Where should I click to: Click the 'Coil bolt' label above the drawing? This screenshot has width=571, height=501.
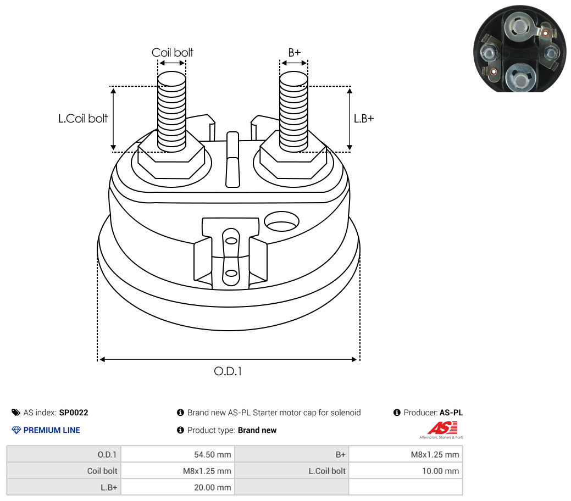coord(172,52)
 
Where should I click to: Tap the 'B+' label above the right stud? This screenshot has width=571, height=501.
coord(294,52)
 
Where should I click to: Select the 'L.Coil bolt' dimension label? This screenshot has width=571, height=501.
coord(83,118)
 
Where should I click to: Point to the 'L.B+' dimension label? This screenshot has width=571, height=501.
coord(364,118)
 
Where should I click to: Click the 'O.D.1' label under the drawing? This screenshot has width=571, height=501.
coord(228,371)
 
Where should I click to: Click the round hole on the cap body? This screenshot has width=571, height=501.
coord(281,221)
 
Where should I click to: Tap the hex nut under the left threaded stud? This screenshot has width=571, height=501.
coord(171,160)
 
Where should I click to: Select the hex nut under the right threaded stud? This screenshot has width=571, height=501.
coord(293,160)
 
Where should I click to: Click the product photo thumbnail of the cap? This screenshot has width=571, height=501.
coord(520,49)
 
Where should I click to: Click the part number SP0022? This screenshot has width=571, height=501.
coord(74,413)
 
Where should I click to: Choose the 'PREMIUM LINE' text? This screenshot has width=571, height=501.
coord(52,430)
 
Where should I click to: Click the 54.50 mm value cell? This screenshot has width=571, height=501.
coord(178,454)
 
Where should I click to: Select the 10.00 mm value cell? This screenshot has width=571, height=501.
coord(406,471)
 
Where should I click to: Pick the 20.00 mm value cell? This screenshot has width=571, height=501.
coord(178,487)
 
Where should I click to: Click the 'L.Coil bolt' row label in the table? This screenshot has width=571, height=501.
coord(327,471)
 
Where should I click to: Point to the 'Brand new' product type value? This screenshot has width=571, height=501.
coord(257,430)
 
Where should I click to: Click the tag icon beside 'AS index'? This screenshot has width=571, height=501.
coord(15,413)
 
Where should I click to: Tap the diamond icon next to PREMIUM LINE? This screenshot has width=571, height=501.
coord(16,430)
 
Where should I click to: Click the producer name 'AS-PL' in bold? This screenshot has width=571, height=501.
coord(451,413)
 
